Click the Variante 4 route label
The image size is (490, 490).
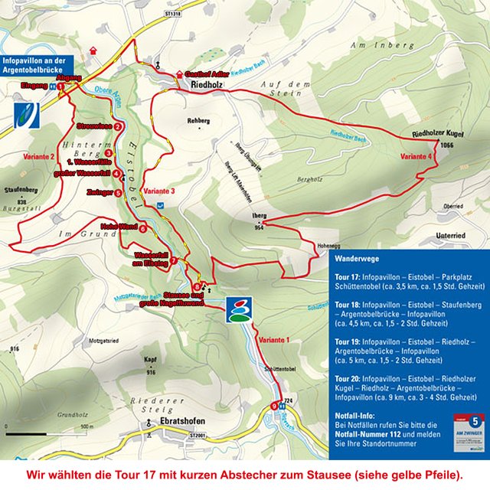[416, 156]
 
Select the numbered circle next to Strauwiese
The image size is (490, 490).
[119, 126]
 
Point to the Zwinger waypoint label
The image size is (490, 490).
[100, 192]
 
